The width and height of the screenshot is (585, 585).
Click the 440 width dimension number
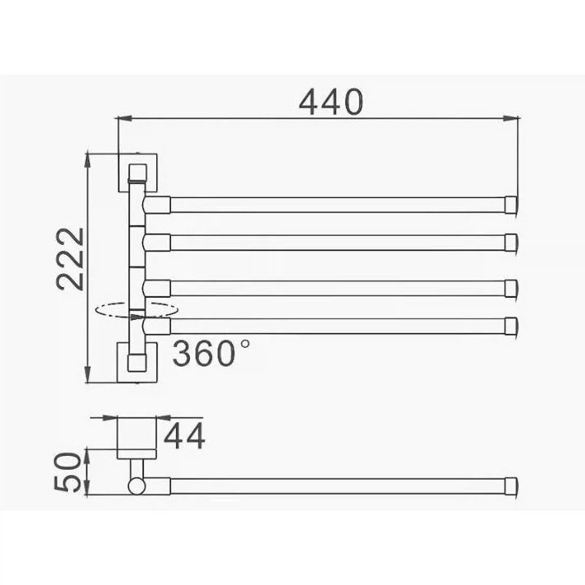click(331, 102)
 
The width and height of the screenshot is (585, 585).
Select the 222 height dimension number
click(70, 259)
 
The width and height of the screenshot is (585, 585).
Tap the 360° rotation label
click(211, 353)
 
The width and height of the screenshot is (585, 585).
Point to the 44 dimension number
click(184, 435)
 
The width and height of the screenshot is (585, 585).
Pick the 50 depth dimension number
click(67, 472)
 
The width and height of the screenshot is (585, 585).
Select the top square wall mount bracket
click(137, 173)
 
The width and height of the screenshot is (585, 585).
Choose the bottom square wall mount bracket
click(137, 362)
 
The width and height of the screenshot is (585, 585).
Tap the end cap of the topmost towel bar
click(511, 204)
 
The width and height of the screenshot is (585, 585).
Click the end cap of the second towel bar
click(511, 242)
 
